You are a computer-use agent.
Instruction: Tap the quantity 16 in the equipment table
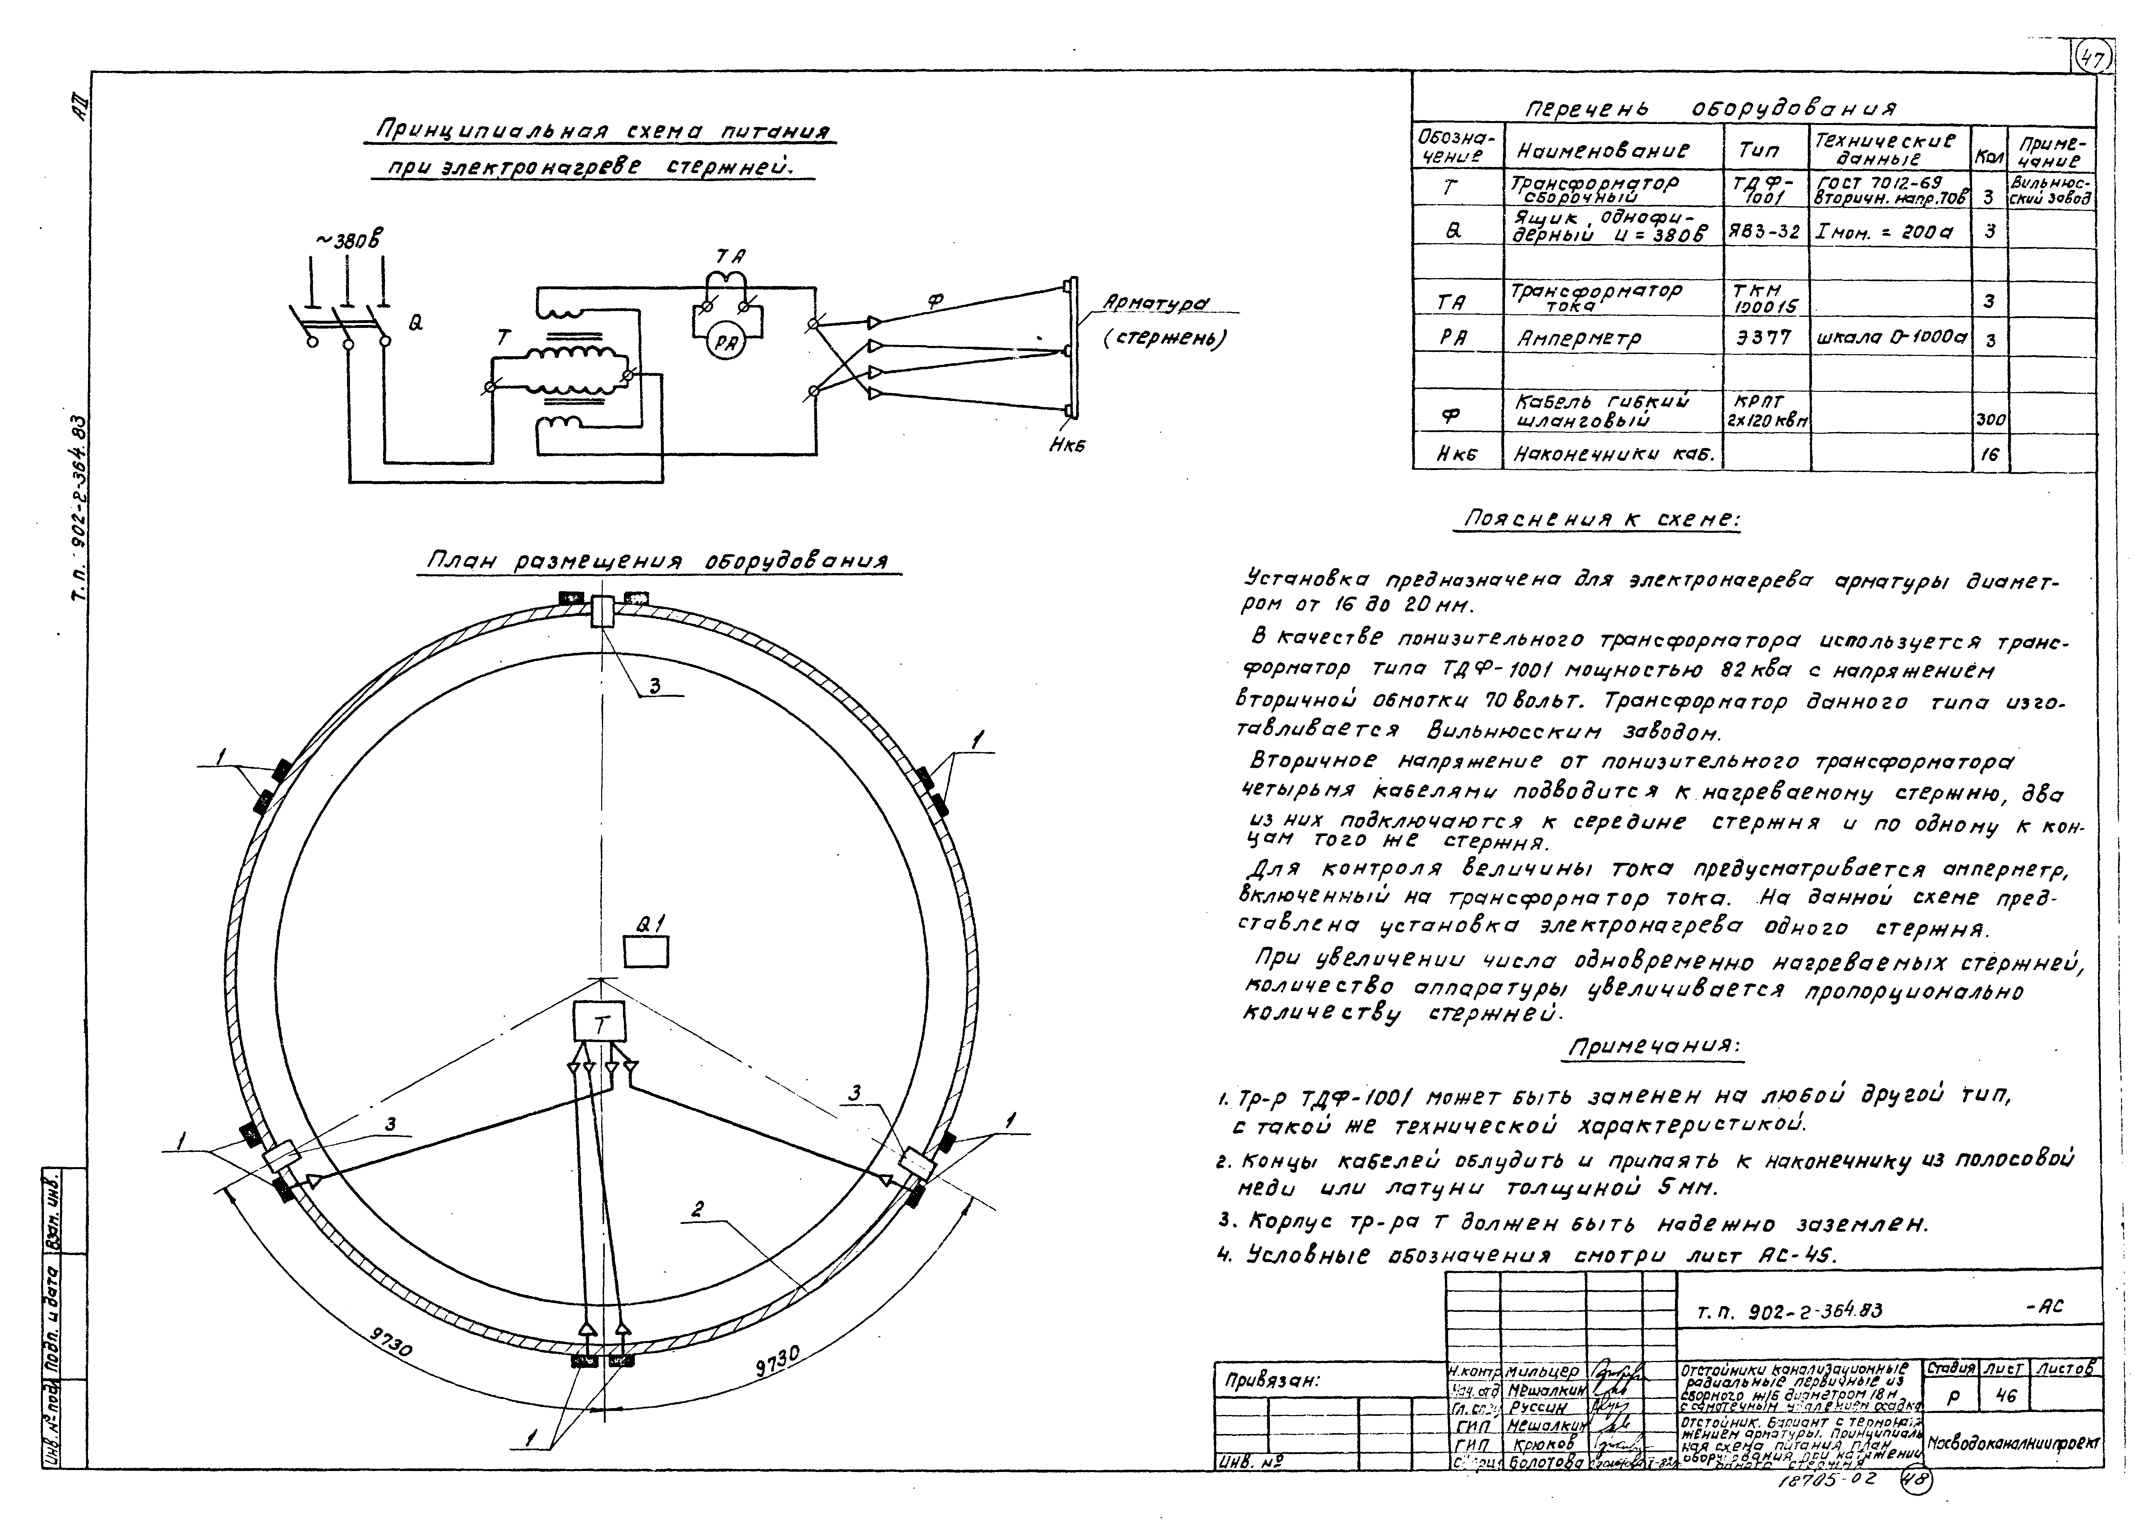pos(1989,454)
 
